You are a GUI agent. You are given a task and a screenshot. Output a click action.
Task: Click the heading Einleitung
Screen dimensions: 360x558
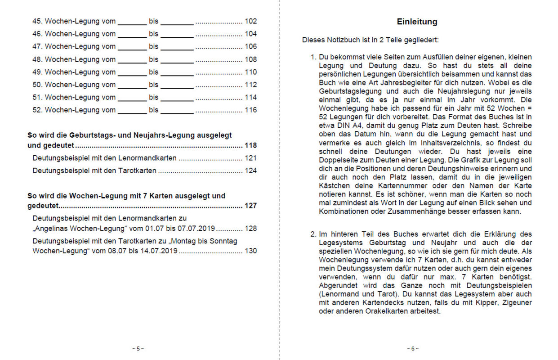point(417,22)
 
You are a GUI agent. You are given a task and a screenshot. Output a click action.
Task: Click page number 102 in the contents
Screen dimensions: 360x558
point(251,21)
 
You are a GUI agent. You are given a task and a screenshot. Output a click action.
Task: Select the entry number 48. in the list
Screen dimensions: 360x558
point(38,59)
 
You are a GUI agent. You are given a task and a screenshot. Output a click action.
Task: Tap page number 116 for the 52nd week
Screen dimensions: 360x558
point(251,110)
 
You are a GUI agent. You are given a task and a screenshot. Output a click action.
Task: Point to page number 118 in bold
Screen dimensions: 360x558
point(251,145)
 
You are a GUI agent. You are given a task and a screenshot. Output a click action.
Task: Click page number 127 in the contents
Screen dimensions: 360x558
point(251,206)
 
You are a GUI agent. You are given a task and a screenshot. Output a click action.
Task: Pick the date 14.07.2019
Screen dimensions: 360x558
point(161,251)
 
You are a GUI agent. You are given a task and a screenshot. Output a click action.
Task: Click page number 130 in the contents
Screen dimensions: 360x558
point(251,251)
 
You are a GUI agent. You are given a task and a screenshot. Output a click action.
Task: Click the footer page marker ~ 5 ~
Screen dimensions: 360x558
point(138,348)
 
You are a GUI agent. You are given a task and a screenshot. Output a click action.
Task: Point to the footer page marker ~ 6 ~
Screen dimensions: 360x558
point(413,348)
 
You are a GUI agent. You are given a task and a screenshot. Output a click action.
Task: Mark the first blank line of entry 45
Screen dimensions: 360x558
point(132,22)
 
